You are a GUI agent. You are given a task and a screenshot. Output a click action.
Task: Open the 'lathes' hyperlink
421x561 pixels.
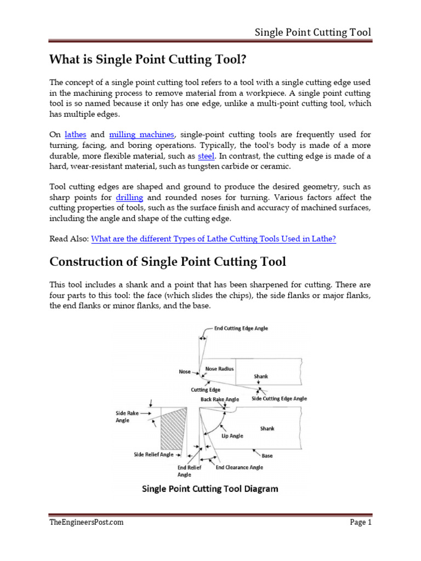click(76, 134)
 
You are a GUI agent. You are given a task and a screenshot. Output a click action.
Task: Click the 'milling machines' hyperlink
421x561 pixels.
click(142, 134)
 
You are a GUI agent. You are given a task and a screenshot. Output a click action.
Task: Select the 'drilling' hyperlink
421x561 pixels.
click(129, 197)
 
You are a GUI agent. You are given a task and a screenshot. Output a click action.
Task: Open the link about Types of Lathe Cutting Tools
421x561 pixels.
click(213, 238)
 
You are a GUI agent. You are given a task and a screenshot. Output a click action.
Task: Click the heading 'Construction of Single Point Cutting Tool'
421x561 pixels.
click(168, 262)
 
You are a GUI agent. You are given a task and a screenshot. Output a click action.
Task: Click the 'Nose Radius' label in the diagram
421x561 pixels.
click(219, 369)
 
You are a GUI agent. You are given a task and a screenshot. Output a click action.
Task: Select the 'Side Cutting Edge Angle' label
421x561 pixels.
click(279, 399)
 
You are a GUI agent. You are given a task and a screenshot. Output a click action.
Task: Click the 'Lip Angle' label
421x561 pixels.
click(232, 436)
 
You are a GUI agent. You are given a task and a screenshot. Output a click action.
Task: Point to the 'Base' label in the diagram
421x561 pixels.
click(267, 455)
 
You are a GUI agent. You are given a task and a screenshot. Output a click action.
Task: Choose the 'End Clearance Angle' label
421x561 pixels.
click(239, 467)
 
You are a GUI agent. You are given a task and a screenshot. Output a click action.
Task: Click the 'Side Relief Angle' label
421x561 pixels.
click(153, 454)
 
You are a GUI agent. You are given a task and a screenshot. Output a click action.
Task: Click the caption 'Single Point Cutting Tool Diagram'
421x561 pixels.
click(210, 489)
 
